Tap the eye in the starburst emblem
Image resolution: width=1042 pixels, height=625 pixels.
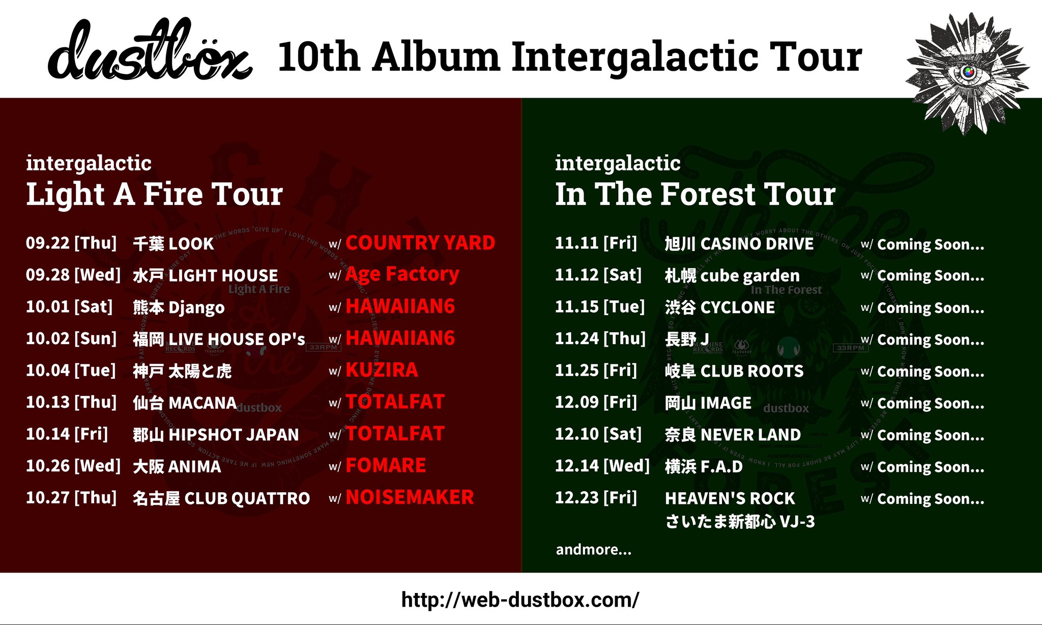click(968, 72)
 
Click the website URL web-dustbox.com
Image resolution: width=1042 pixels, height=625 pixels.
click(520, 600)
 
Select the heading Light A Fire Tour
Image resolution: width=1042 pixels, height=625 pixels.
click(154, 194)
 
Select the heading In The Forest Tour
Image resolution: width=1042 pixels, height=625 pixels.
click(695, 194)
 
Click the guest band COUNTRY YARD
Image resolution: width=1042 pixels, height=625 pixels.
click(420, 243)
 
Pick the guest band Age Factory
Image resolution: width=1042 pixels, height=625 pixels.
click(402, 274)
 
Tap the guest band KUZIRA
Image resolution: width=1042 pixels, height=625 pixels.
click(382, 370)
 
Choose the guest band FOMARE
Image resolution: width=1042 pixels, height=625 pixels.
click(386, 465)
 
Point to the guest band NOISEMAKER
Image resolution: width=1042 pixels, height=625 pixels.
click(410, 497)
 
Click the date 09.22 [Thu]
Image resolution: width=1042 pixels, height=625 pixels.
click(71, 243)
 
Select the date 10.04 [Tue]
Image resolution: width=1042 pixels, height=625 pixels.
click(71, 370)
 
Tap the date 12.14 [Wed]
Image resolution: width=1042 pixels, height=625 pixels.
click(602, 466)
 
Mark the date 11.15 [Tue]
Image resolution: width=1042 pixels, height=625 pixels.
click(600, 307)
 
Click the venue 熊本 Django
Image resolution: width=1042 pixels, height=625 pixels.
click(179, 307)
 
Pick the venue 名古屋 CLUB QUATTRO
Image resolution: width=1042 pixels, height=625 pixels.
click(221, 498)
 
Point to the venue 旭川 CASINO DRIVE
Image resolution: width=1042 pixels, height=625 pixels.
click(739, 244)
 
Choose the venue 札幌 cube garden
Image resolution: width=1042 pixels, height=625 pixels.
click(732, 275)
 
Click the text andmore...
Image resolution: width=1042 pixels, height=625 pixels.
click(593, 550)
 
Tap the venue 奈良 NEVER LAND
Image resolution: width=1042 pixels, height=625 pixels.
click(733, 435)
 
